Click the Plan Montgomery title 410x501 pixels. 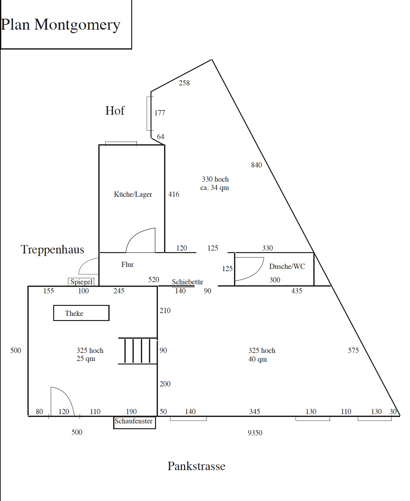[x=60, y=25]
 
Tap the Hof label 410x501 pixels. [x=115, y=110]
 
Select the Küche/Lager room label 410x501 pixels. [x=133, y=194]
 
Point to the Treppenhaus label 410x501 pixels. [x=52, y=250]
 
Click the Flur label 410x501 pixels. [x=127, y=264]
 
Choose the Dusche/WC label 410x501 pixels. [x=287, y=266]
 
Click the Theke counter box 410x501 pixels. [x=81, y=313]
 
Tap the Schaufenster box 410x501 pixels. [x=135, y=423]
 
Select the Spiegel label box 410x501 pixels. [x=81, y=282]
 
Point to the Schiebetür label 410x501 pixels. [x=187, y=282]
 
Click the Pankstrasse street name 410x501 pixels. [x=196, y=466]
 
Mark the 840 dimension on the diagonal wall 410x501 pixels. [x=256, y=165]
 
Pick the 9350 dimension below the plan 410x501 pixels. [x=255, y=433]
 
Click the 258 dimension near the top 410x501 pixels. [x=184, y=83]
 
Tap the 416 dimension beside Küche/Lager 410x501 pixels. [x=174, y=194]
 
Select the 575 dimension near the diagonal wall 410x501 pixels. [x=353, y=350]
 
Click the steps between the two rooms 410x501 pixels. [x=138, y=351]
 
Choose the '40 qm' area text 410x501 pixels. [x=258, y=359]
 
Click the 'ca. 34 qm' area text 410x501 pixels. [x=215, y=188]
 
